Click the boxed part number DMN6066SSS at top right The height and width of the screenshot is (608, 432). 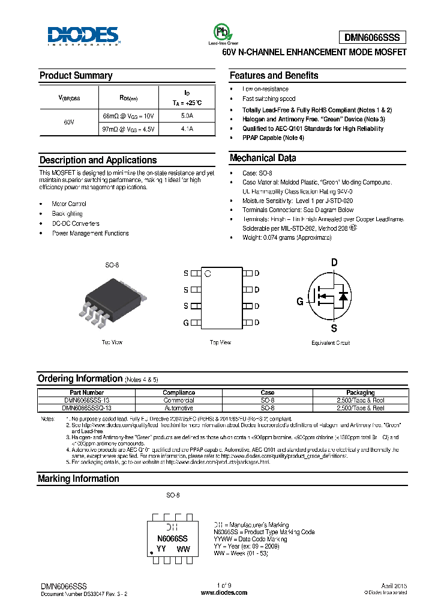point(376,37)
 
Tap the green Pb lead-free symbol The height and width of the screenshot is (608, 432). point(221,32)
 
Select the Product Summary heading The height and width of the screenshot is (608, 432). point(76,76)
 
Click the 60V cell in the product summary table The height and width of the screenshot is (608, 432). point(68,122)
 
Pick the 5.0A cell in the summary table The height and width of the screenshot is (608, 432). point(187,115)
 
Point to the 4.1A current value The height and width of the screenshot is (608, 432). point(187,129)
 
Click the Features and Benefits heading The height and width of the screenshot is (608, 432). point(274,76)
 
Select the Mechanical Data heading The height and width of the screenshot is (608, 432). point(263,159)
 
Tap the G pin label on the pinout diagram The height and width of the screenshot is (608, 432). point(186,323)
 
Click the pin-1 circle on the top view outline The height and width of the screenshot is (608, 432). point(208,274)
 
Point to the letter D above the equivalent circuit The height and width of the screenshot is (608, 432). point(334,262)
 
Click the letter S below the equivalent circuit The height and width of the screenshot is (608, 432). point(334,328)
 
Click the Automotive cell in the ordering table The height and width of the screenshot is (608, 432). point(178,408)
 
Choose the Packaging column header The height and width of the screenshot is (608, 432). point(360,392)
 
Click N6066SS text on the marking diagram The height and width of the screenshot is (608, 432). point(172,539)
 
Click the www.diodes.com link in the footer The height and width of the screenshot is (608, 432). point(224,592)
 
